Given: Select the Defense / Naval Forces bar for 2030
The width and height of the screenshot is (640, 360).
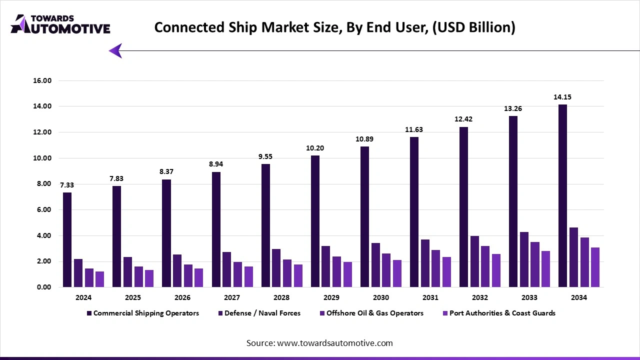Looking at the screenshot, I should tap(375, 265).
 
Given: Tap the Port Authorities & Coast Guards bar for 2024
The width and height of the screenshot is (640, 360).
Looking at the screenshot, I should tap(100, 279).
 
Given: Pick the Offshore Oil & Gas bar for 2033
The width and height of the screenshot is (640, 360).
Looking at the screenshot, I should tap(535, 264).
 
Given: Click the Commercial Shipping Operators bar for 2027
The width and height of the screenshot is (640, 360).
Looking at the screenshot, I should tap(216, 229).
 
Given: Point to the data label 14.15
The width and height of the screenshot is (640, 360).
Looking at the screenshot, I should tap(562, 97).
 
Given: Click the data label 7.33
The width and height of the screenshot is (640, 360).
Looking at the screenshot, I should tap(67, 185).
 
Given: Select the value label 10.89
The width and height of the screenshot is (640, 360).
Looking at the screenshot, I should tap(364, 139).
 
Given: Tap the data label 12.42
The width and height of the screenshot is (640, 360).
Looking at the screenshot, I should tap(463, 119).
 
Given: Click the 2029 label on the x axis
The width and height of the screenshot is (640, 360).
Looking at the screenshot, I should tap(331, 297).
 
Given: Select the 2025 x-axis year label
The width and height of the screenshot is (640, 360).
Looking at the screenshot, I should tap(133, 297).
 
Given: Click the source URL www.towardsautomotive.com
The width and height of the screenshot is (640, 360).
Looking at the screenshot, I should tap(334, 343).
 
